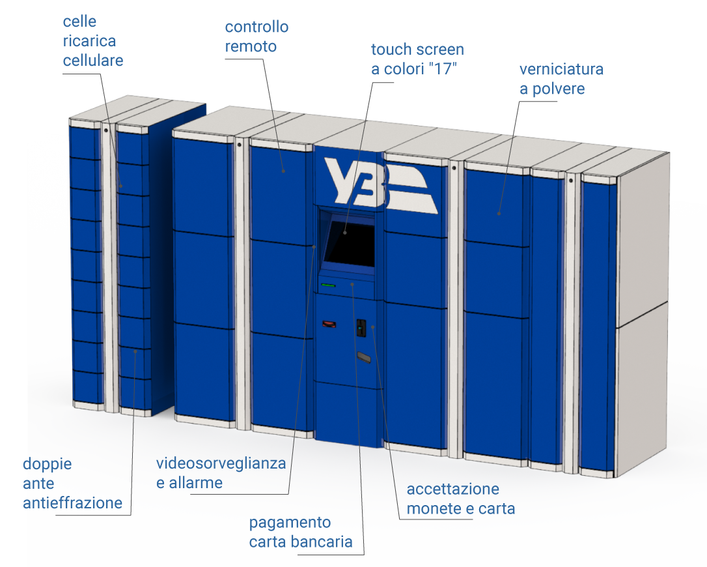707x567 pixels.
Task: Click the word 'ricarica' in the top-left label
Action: pyautogui.click(x=89, y=41)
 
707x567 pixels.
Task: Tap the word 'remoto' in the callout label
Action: pyautogui.click(x=251, y=46)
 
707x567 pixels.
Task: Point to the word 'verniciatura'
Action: pyautogui.click(x=561, y=69)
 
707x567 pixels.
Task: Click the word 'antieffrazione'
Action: pyautogui.click(x=73, y=503)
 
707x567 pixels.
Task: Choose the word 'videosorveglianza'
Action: pyautogui.click(x=221, y=463)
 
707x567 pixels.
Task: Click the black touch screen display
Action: pyautogui.click(x=350, y=244)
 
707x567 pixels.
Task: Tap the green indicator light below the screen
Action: pyautogui.click(x=328, y=285)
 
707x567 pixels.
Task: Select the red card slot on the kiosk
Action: pyautogui.click(x=329, y=324)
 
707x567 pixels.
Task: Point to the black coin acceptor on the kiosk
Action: pyautogui.click(x=361, y=328)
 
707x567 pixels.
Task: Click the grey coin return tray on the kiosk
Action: pyautogui.click(x=363, y=357)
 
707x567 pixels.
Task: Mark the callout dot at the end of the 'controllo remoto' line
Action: pyautogui.click(x=284, y=171)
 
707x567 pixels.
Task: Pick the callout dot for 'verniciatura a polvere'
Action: pyautogui.click(x=499, y=214)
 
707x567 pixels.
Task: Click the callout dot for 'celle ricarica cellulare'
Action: pyautogui.click(x=121, y=186)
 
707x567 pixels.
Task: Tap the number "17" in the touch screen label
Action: pyautogui.click(x=443, y=69)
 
